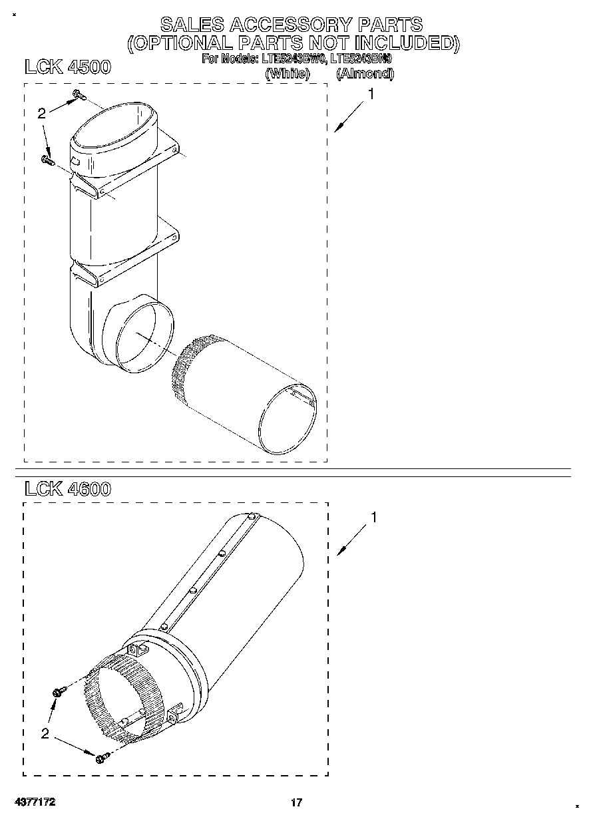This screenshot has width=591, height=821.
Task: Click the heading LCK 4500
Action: click(67, 67)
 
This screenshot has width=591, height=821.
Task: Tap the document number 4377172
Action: click(33, 802)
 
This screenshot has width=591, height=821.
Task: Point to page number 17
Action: click(296, 802)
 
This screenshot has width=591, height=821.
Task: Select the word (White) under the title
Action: click(288, 74)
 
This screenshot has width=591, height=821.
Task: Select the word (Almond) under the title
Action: click(365, 74)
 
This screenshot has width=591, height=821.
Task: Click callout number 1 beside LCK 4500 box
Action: click(370, 95)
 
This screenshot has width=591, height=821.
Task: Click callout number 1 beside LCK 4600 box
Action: click(374, 517)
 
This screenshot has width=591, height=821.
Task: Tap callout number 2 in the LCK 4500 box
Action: click(41, 114)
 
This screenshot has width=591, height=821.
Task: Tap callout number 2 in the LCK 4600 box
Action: click(45, 734)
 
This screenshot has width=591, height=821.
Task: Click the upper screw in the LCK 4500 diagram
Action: click(78, 96)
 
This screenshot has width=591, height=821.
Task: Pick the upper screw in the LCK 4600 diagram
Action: click(57, 693)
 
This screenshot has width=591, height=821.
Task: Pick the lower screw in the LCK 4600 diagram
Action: click(101, 758)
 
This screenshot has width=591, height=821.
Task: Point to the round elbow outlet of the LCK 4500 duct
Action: click(144, 335)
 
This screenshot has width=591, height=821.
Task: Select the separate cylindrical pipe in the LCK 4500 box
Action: click(246, 396)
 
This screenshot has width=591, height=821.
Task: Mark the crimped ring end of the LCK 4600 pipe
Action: click(116, 699)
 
